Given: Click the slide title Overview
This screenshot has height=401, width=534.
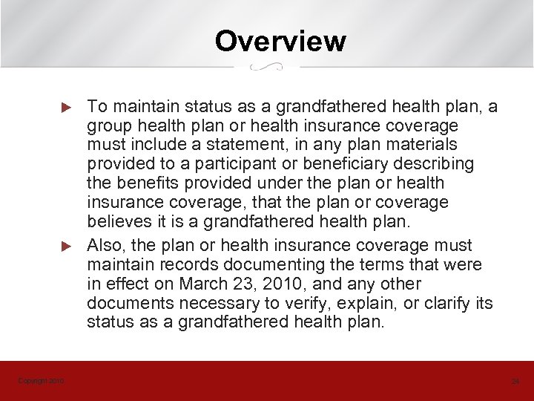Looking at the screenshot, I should click(x=280, y=41).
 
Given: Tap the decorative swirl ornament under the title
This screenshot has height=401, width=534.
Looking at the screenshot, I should click(x=267, y=67).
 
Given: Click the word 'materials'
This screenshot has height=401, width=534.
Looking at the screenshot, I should click(x=421, y=144).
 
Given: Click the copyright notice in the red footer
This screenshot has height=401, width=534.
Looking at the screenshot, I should click(x=41, y=381).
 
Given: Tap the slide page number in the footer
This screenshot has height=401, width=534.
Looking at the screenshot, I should click(x=515, y=382).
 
